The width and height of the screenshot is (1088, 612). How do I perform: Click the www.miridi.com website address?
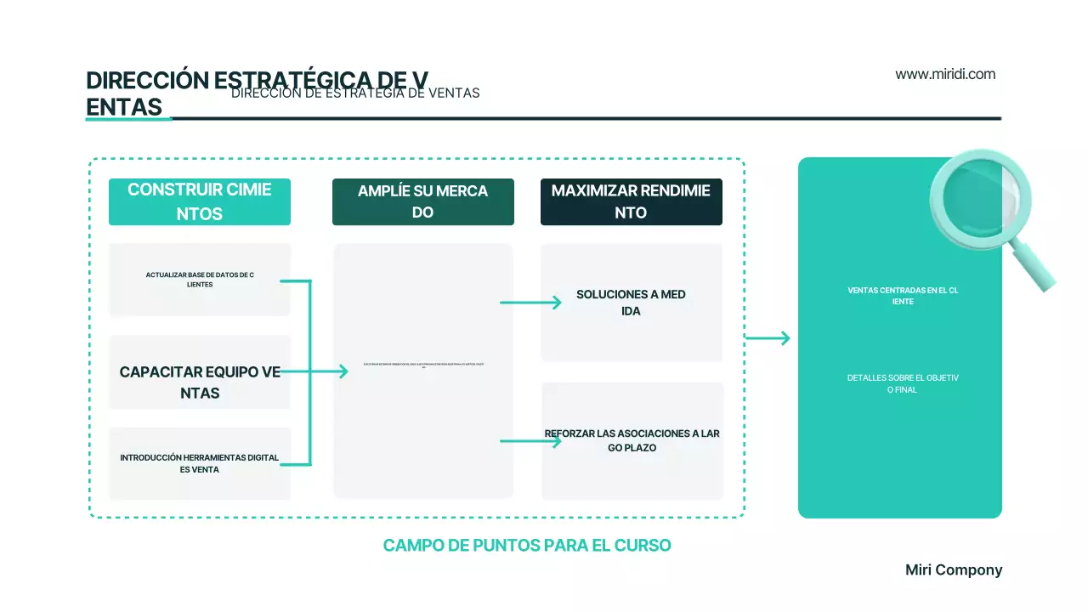[x=945, y=74]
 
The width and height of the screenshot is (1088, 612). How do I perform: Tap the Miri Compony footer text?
[x=954, y=570]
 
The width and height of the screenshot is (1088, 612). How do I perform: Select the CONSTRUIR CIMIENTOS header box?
[x=200, y=201]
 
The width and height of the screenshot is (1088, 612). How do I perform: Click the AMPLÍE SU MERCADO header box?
[x=422, y=201]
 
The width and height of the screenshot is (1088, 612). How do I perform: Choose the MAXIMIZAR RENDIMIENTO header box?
[x=631, y=201]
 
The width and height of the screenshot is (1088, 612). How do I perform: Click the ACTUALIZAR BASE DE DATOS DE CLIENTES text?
[x=200, y=280]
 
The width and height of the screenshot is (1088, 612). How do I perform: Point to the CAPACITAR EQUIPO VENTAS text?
[x=200, y=382]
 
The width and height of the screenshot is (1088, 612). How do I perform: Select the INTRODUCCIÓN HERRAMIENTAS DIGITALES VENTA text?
[x=200, y=463]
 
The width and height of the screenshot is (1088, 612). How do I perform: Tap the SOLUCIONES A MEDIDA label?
[x=631, y=303]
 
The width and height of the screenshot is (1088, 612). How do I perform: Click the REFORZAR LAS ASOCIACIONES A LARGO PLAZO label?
[x=632, y=440]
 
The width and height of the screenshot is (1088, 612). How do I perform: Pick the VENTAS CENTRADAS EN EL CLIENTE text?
[x=903, y=296]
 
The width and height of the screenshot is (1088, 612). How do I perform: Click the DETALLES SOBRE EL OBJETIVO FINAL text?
[x=903, y=383]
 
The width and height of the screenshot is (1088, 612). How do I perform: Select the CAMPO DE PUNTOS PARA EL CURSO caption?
[x=527, y=546]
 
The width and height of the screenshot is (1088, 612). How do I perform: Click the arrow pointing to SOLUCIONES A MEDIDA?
[x=531, y=302]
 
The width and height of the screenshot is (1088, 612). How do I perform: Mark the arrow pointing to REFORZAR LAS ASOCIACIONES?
[x=531, y=441]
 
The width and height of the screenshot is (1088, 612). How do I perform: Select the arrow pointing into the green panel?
[x=768, y=338]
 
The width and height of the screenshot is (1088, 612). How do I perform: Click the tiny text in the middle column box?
[x=423, y=365]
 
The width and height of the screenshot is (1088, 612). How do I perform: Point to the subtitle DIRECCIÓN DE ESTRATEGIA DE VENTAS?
[x=355, y=93]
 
